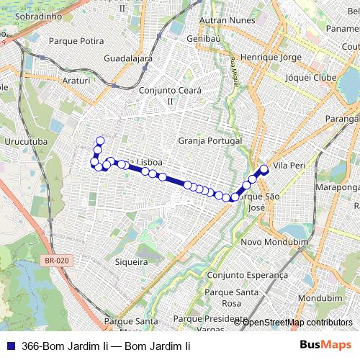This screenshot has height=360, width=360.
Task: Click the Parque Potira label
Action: [76, 41]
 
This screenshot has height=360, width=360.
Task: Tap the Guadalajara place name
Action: [128, 58]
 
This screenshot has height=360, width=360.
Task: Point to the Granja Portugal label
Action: [208, 141]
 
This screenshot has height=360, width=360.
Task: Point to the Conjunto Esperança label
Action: [247, 275]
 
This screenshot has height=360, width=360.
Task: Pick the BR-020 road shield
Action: [55, 261]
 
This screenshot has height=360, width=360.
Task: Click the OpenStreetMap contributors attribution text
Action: [297, 322]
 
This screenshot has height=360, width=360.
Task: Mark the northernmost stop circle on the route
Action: [100, 140]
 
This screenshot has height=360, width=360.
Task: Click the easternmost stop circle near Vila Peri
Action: [264, 169]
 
